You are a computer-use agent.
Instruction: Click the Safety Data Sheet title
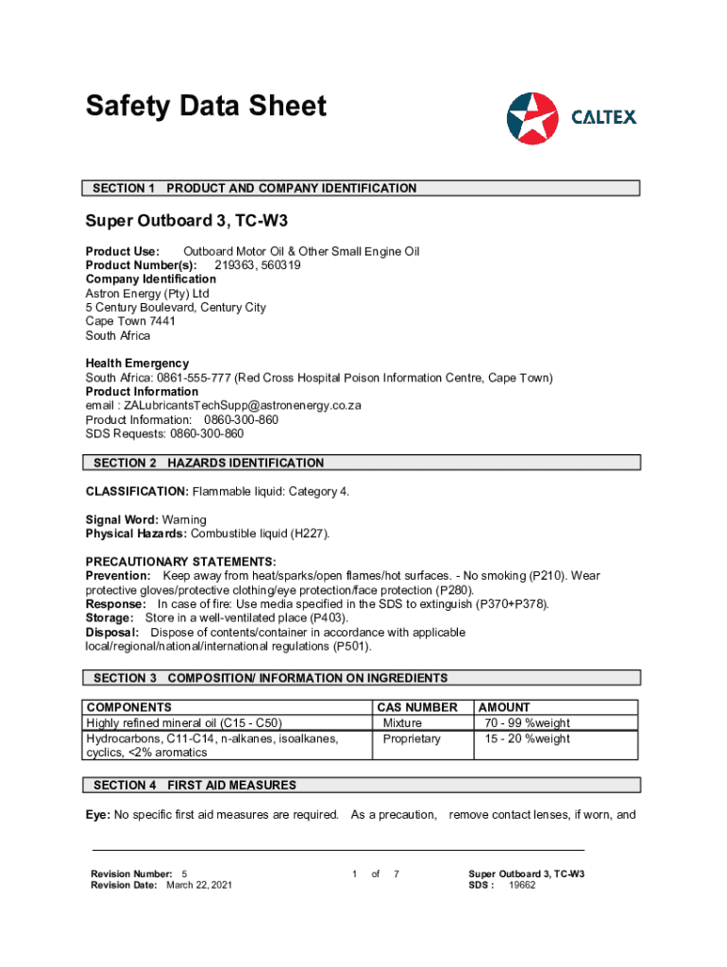[x=206, y=106]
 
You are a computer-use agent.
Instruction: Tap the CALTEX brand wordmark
[x=604, y=117]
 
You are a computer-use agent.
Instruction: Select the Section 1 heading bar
[x=363, y=188]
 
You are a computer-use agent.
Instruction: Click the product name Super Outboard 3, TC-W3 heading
[x=186, y=221]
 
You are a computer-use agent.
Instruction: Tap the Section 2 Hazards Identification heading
[x=363, y=463]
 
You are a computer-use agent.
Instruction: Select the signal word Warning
[x=184, y=519]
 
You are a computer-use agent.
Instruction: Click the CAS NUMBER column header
[x=416, y=706]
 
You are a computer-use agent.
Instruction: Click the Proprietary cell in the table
[x=411, y=738]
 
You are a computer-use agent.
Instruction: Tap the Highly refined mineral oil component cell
[x=184, y=723]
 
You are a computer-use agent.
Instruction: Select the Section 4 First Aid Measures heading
[x=363, y=785]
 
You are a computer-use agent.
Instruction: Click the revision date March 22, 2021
[x=198, y=885]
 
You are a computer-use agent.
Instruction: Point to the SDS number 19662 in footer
[x=522, y=885]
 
